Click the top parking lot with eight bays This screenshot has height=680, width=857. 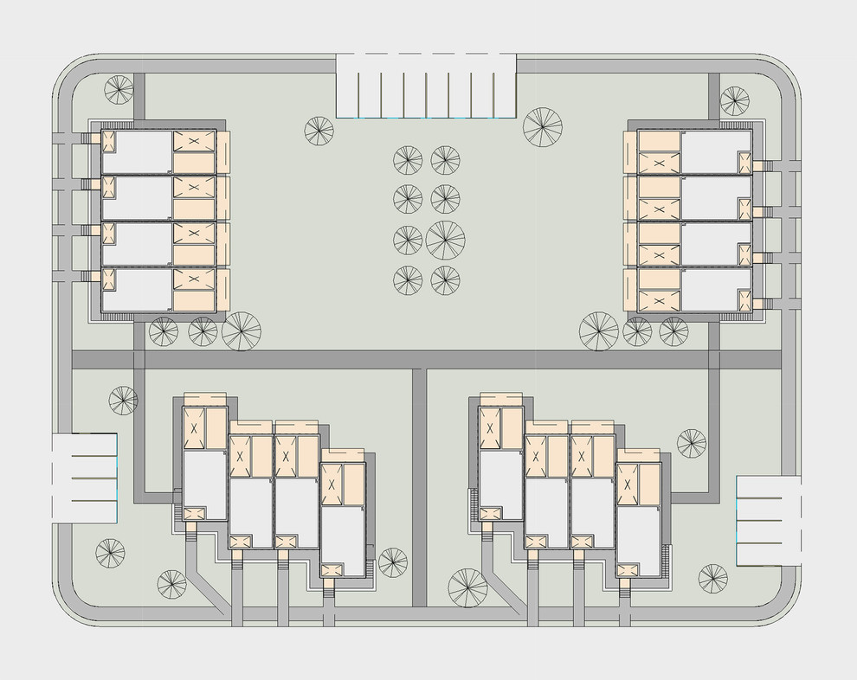click(x=426, y=85)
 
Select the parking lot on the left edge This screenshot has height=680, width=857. click(x=84, y=478)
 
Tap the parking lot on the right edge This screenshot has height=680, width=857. click(x=766, y=520)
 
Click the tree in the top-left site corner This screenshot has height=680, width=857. click(x=119, y=90)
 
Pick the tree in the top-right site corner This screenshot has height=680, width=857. click(x=735, y=100)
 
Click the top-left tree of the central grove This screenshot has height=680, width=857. click(x=408, y=160)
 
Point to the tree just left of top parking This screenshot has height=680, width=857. click(x=319, y=131)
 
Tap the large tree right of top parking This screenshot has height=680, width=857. click(x=543, y=127)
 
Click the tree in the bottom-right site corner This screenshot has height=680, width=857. click(x=712, y=578)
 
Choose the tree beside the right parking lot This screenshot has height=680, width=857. click(x=692, y=443)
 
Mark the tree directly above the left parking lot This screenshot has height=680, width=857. click(x=123, y=400)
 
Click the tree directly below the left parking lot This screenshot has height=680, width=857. click(x=110, y=553)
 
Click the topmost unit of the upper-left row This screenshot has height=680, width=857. click(x=164, y=152)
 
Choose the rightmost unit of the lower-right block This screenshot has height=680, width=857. click(x=640, y=518)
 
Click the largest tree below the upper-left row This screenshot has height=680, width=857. click(x=242, y=330)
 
